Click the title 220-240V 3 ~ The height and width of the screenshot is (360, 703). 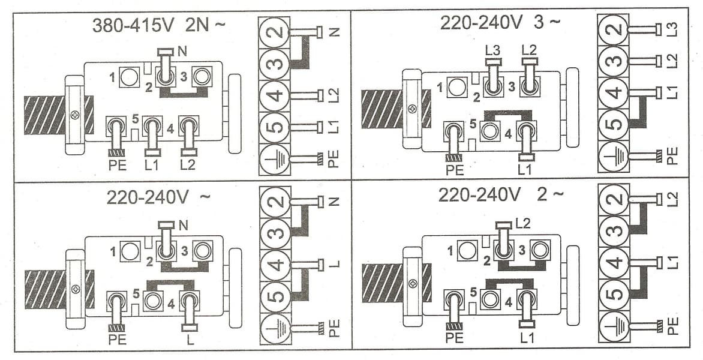click(x=500, y=23)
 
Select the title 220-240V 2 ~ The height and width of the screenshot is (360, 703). click(x=501, y=196)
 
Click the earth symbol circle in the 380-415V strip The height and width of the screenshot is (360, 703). click(x=274, y=160)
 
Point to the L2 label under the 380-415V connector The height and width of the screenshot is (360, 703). click(x=188, y=164)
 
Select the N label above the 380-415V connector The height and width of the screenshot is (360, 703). click(x=182, y=52)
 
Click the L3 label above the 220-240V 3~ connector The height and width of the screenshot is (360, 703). click(x=493, y=50)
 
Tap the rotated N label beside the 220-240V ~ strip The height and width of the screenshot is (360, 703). click(x=334, y=202)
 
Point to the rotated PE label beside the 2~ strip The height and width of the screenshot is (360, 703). click(x=673, y=326)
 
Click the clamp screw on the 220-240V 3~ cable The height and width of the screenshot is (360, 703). click(x=411, y=109)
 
